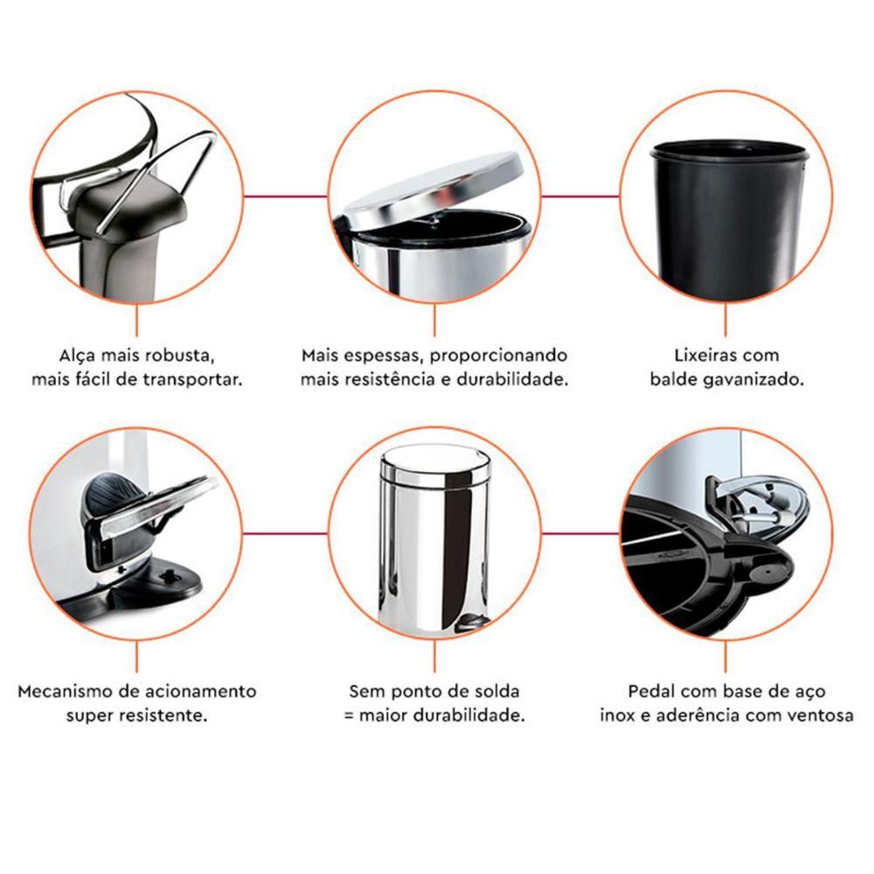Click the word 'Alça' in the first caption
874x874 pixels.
pyautogui.click(x=73, y=357)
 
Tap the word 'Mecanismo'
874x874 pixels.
pyautogui.click(x=62, y=691)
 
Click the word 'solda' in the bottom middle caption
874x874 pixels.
pyautogui.click(x=497, y=691)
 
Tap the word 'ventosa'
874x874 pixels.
pyautogui.click(x=822, y=715)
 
